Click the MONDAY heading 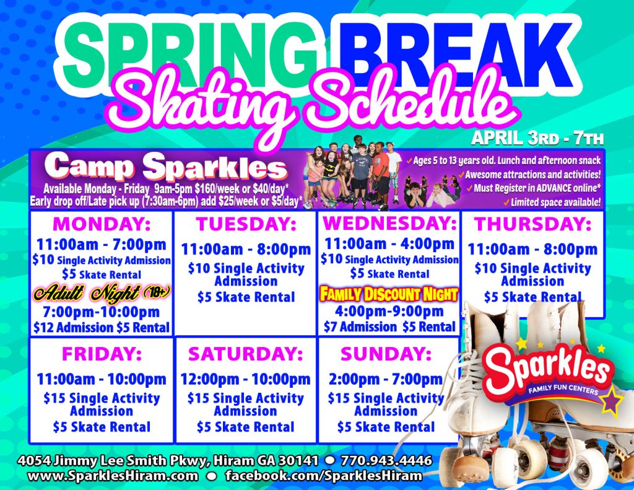click(102, 224)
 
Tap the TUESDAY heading click(246, 224)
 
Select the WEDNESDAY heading click(390, 223)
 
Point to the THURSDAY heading click(533, 224)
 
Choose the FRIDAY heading click(102, 354)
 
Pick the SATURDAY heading click(246, 354)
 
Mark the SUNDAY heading click(386, 354)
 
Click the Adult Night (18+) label click(102, 293)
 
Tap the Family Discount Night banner click(389, 294)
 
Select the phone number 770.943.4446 click(386, 460)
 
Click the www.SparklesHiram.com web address click(113, 475)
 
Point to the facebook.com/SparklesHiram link click(323, 475)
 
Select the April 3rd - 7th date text click(537, 138)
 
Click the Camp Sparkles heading click(166, 166)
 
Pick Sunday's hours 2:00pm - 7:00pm click(386, 379)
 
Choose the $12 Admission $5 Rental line click(102, 327)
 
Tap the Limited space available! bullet click(552, 203)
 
